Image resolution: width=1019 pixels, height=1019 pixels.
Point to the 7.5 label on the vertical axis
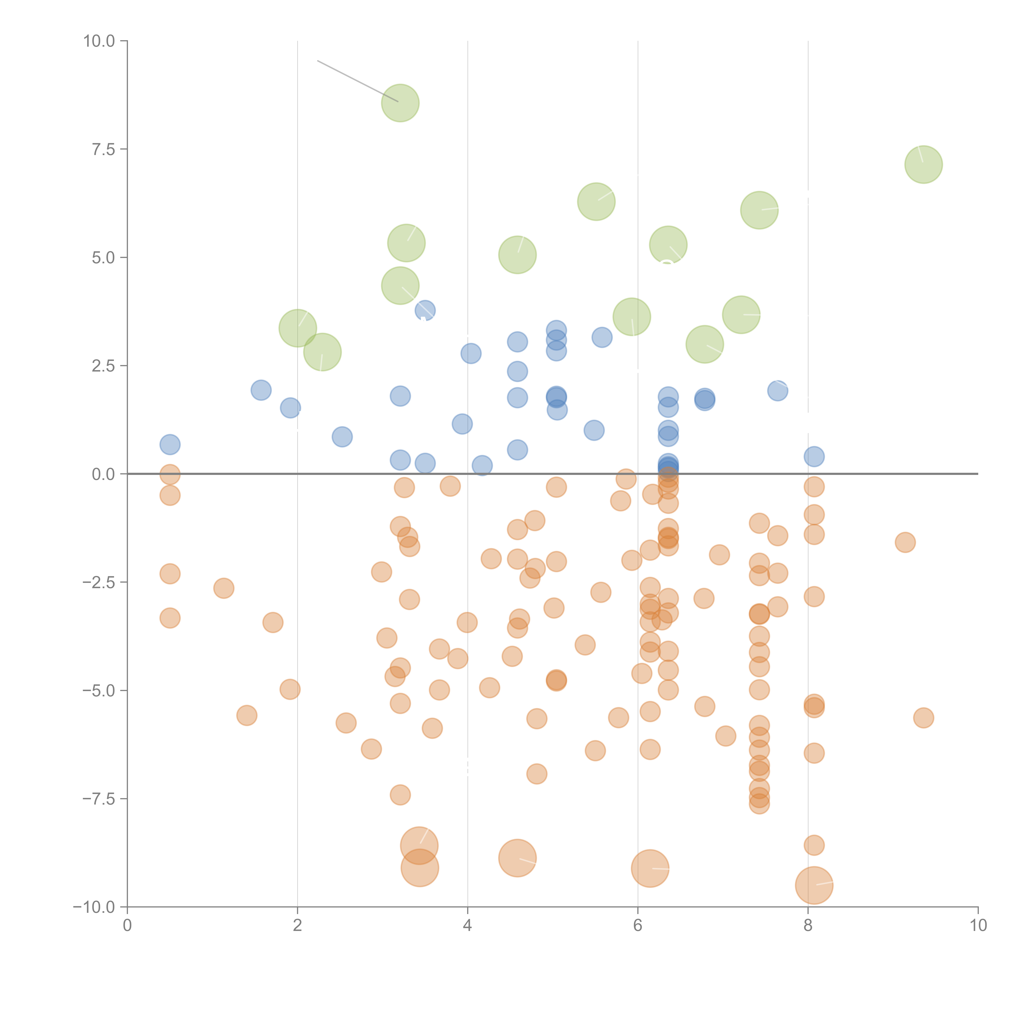pyautogui.click(x=103, y=149)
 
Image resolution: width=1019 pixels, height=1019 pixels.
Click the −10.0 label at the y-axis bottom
pyautogui.click(x=94, y=907)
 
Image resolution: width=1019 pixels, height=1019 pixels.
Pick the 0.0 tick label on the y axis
pyautogui.click(x=103, y=474)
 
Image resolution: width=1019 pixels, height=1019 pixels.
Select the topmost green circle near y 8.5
pyautogui.click(x=400, y=103)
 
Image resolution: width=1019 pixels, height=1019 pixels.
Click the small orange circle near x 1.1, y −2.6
pyautogui.click(x=224, y=588)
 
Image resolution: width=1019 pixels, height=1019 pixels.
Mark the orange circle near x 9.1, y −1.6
pyautogui.click(x=905, y=542)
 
